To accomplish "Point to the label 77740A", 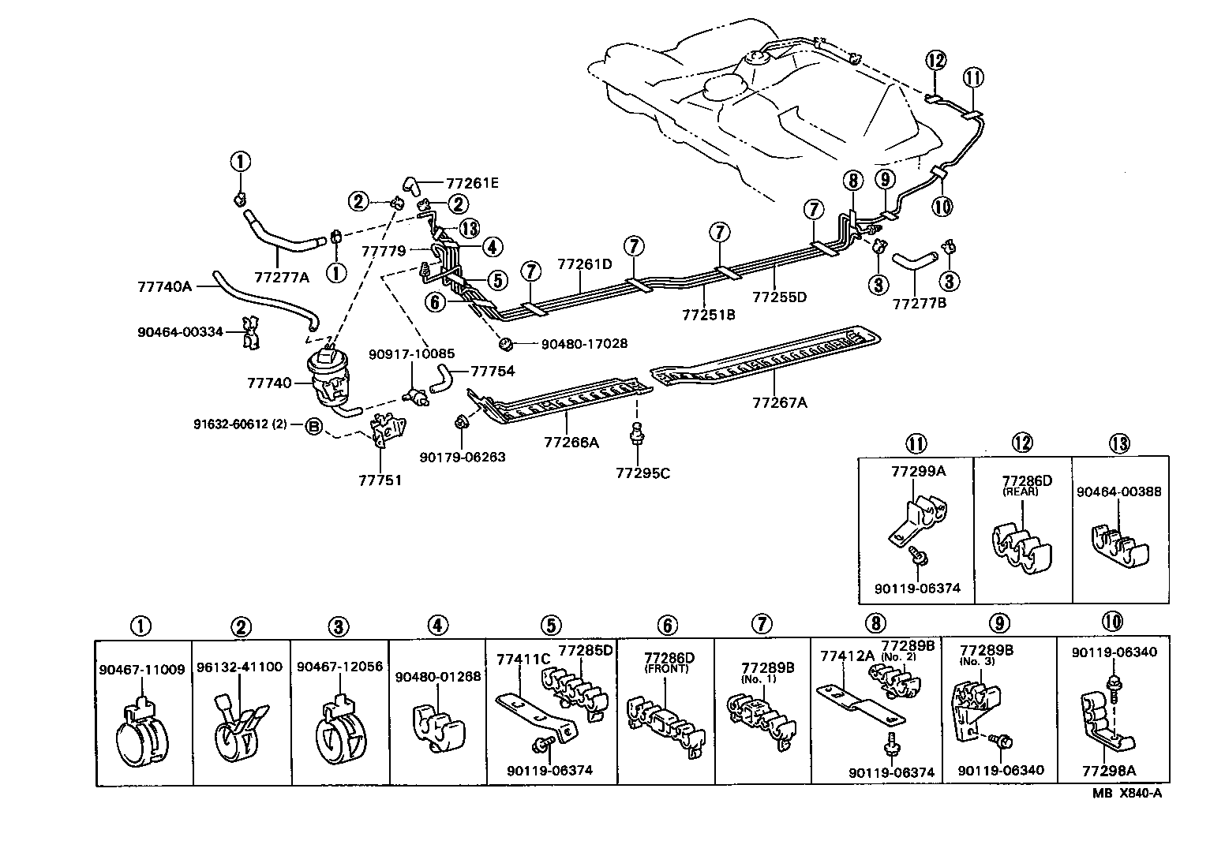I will tap(165, 286).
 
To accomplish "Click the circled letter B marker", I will tap(313, 427).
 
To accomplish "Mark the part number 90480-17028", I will tap(584, 344).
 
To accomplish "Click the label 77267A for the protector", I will tap(779, 402).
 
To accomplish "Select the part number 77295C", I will tap(642, 473).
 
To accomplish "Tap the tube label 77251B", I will tap(708, 314).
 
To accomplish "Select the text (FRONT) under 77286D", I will tap(666, 669).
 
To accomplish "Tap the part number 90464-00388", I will tap(1118, 491).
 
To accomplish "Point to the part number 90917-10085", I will tap(411, 353).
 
